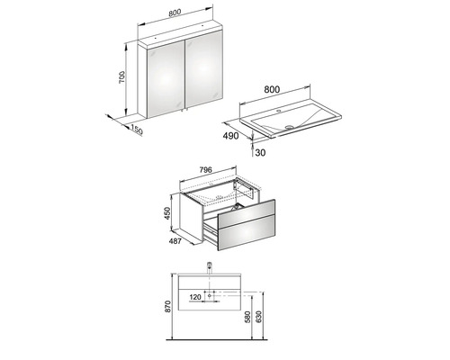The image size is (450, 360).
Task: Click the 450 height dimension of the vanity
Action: click(x=167, y=214)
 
